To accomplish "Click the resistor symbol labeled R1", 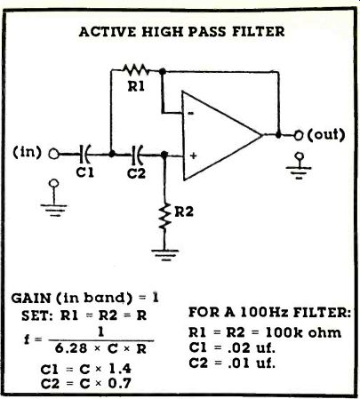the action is (x=136, y=69).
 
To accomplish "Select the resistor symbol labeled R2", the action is (x=164, y=217).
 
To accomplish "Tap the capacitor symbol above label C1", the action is (x=85, y=155).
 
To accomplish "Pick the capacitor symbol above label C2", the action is (x=137, y=155).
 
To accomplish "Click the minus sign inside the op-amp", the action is (x=191, y=113).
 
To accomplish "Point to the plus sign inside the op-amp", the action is (x=194, y=156).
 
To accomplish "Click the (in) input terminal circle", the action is (x=53, y=155).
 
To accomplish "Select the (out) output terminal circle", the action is (x=299, y=136).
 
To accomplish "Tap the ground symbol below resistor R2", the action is (x=165, y=255).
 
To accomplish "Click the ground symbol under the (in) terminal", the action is (x=54, y=197).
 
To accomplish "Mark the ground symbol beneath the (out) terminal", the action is (x=299, y=166).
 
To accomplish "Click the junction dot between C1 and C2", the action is (x=112, y=154).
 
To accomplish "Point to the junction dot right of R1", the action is (x=162, y=71).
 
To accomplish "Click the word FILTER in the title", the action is (x=258, y=31).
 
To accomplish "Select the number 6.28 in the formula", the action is (x=71, y=349).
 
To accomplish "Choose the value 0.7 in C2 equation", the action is (x=119, y=384).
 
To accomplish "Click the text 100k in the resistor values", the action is (x=284, y=332).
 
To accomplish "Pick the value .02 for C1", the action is (x=239, y=347).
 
